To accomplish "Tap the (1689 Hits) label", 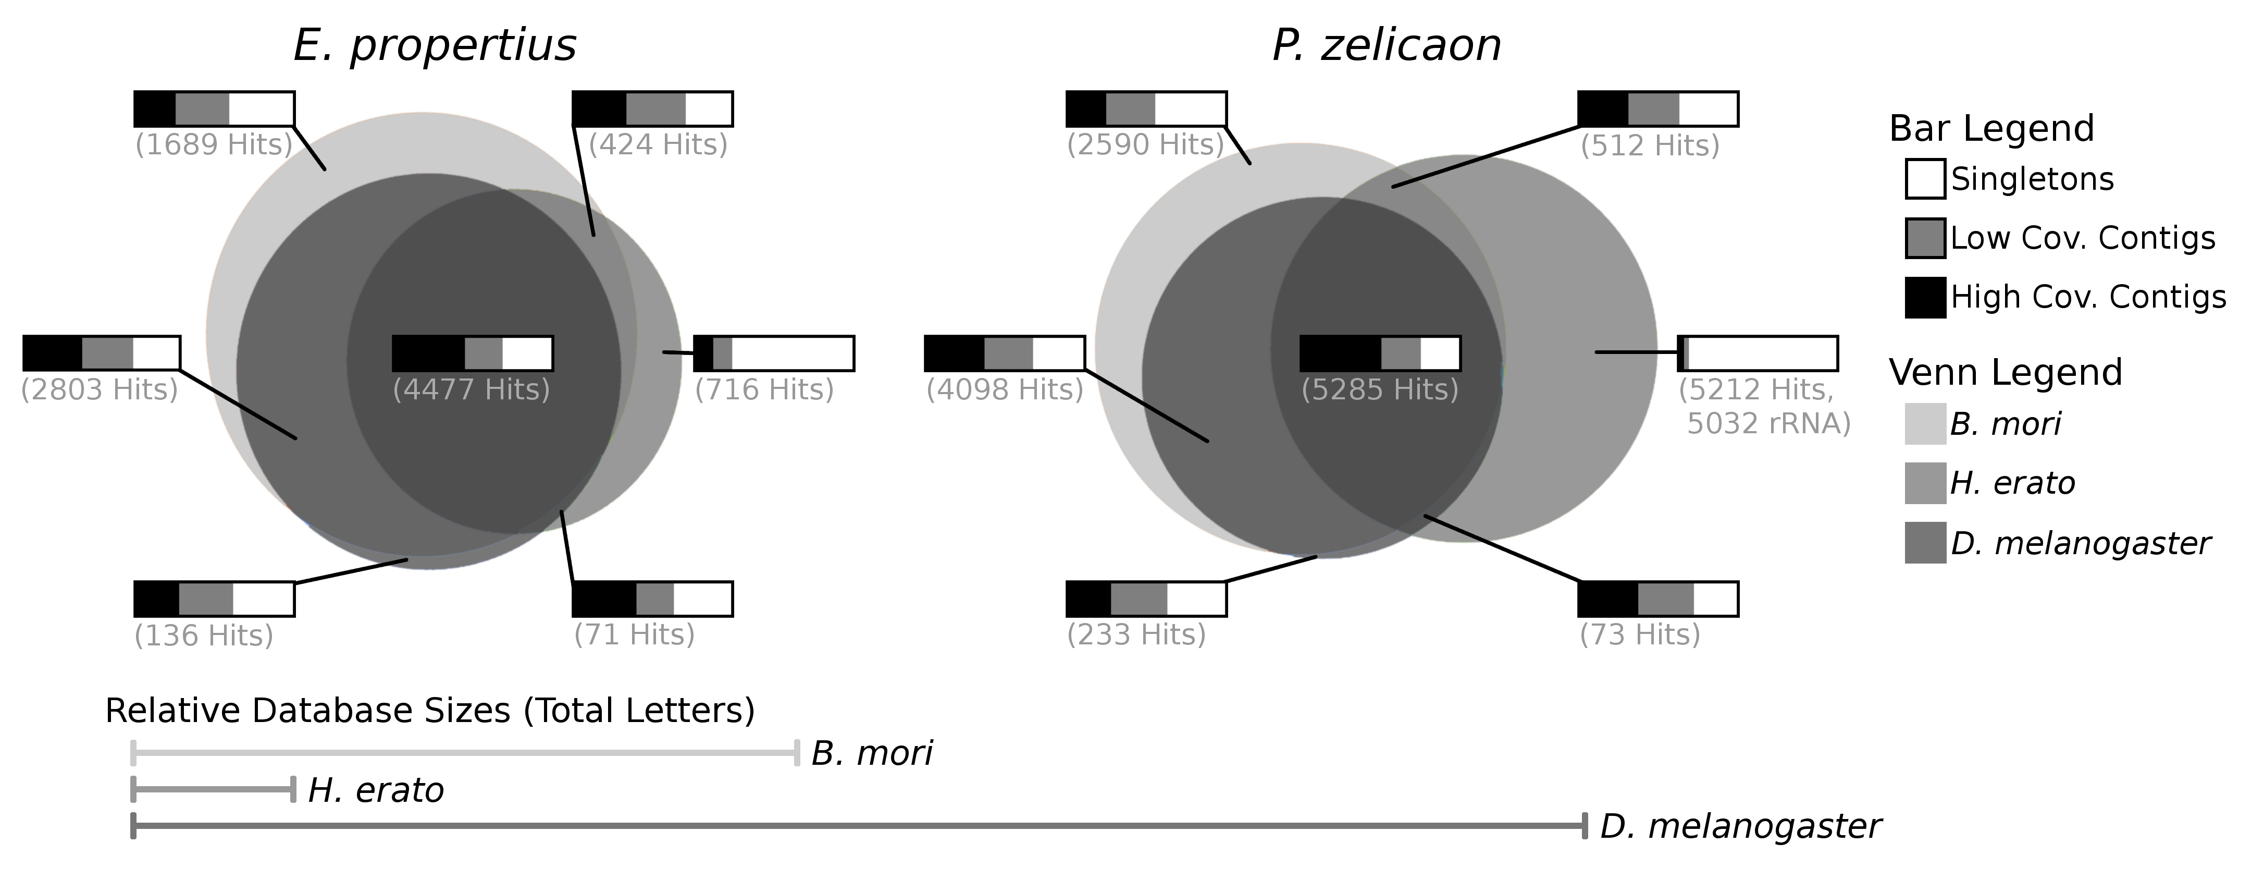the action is coord(214,144).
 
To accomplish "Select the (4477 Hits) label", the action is coord(471,389).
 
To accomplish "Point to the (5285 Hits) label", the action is coord(1380,389).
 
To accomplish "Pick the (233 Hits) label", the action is coord(1136,635).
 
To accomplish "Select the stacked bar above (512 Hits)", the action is coord(1657,109).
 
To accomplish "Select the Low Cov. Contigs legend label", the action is coord(2083,238).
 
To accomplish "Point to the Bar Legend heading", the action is coord(1991,128).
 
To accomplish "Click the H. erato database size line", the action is coord(213,789).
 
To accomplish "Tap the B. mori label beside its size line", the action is coord(872,753).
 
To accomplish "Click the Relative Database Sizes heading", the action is coord(430,711).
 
